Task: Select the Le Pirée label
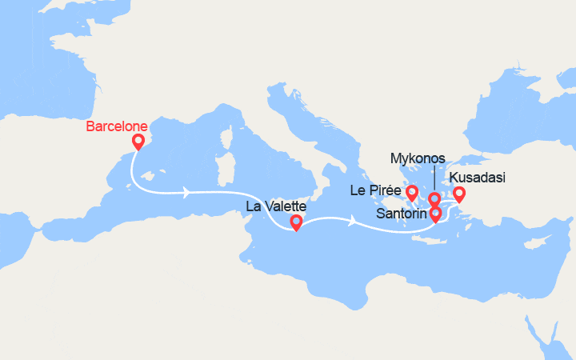[375, 190]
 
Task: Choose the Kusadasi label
[477, 178]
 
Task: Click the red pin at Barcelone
[138, 142]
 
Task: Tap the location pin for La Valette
[296, 222]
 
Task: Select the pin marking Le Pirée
[412, 192]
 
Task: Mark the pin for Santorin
[435, 214]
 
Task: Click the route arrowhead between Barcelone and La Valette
[186, 192]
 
